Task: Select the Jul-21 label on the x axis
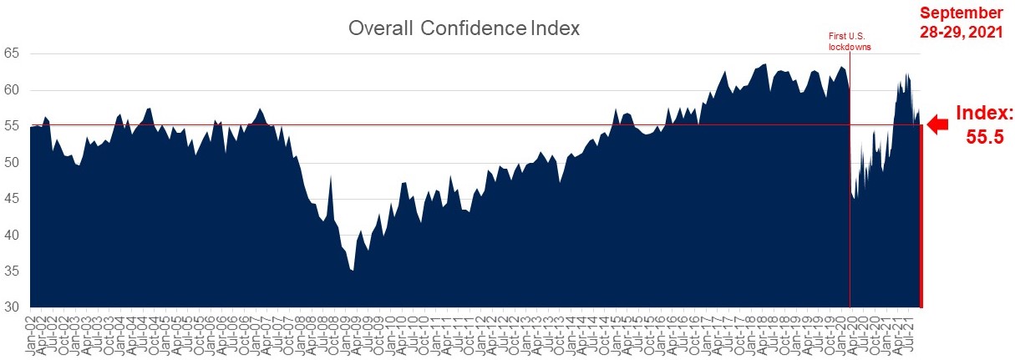pos(912,334)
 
